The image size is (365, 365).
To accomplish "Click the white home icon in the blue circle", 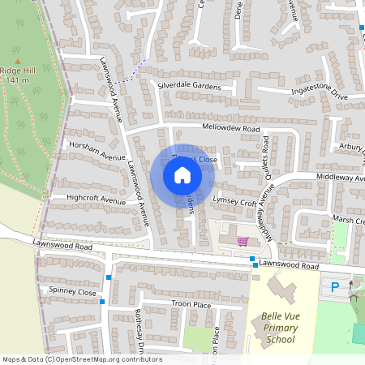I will click(182, 175).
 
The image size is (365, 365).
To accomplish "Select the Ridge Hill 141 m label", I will click(17, 75).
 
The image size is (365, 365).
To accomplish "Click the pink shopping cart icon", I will click(242, 241).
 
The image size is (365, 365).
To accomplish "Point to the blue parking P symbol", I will click(335, 286).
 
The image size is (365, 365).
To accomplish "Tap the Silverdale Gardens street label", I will click(190, 85).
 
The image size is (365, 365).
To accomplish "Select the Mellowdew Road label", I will click(231, 129).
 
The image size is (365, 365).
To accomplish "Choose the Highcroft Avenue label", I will click(97, 199).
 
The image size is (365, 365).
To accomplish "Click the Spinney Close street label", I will click(72, 292).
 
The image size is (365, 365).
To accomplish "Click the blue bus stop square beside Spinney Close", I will click(103, 303).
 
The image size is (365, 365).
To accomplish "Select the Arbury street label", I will click(352, 147).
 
